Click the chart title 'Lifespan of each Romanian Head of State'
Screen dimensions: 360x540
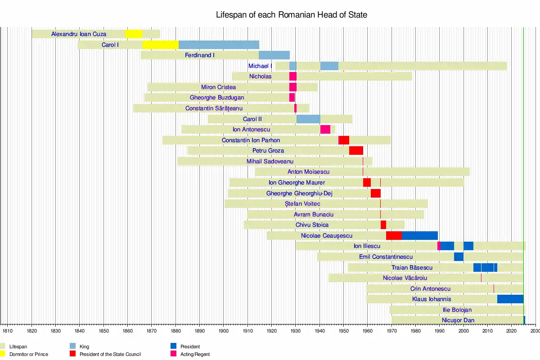point(292,15)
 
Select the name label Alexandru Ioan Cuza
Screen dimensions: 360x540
point(79,34)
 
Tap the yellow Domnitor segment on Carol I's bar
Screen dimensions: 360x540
point(160,45)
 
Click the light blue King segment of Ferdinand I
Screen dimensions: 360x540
point(274,55)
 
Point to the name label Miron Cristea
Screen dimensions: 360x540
point(218,87)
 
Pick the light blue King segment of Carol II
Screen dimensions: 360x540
point(308,119)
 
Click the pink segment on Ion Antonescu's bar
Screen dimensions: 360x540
point(325,130)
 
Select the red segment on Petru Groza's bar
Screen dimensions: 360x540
point(356,151)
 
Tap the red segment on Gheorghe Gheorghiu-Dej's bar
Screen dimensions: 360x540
point(376,193)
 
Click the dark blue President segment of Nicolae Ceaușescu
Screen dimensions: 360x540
point(419,236)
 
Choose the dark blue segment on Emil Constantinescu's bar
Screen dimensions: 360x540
point(459,257)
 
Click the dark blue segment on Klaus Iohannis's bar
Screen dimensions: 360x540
point(510,299)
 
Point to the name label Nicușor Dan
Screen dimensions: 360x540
point(458,320)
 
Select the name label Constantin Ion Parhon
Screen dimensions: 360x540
point(251,140)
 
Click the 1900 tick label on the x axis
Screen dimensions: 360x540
point(224,331)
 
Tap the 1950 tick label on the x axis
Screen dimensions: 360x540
point(343,331)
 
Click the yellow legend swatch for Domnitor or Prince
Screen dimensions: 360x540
point(4,354)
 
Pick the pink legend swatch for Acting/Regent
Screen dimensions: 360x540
point(174,354)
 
